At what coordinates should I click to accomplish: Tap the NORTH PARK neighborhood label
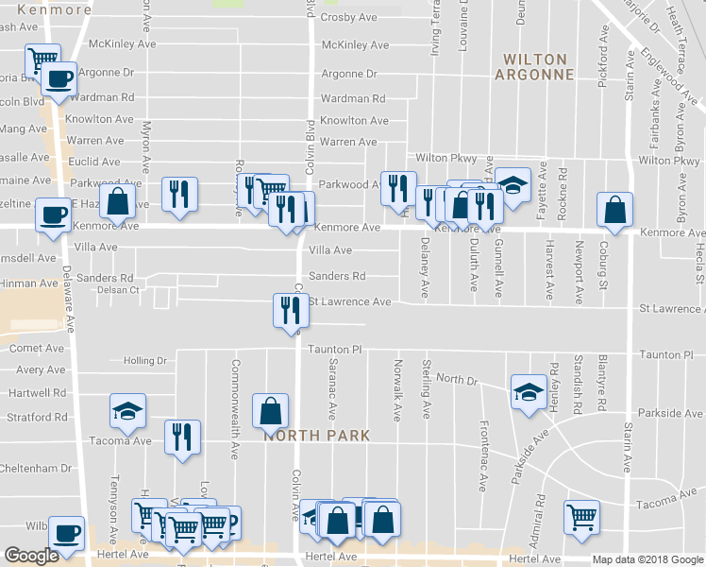[x=314, y=436]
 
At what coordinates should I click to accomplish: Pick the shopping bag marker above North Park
[x=270, y=410]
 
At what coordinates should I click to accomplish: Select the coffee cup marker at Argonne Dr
[x=59, y=78]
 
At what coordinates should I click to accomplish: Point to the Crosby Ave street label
[x=349, y=18]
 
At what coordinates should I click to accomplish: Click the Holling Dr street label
[x=144, y=361]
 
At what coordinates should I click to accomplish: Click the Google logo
[x=32, y=556]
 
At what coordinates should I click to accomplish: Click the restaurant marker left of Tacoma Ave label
[x=179, y=436]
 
